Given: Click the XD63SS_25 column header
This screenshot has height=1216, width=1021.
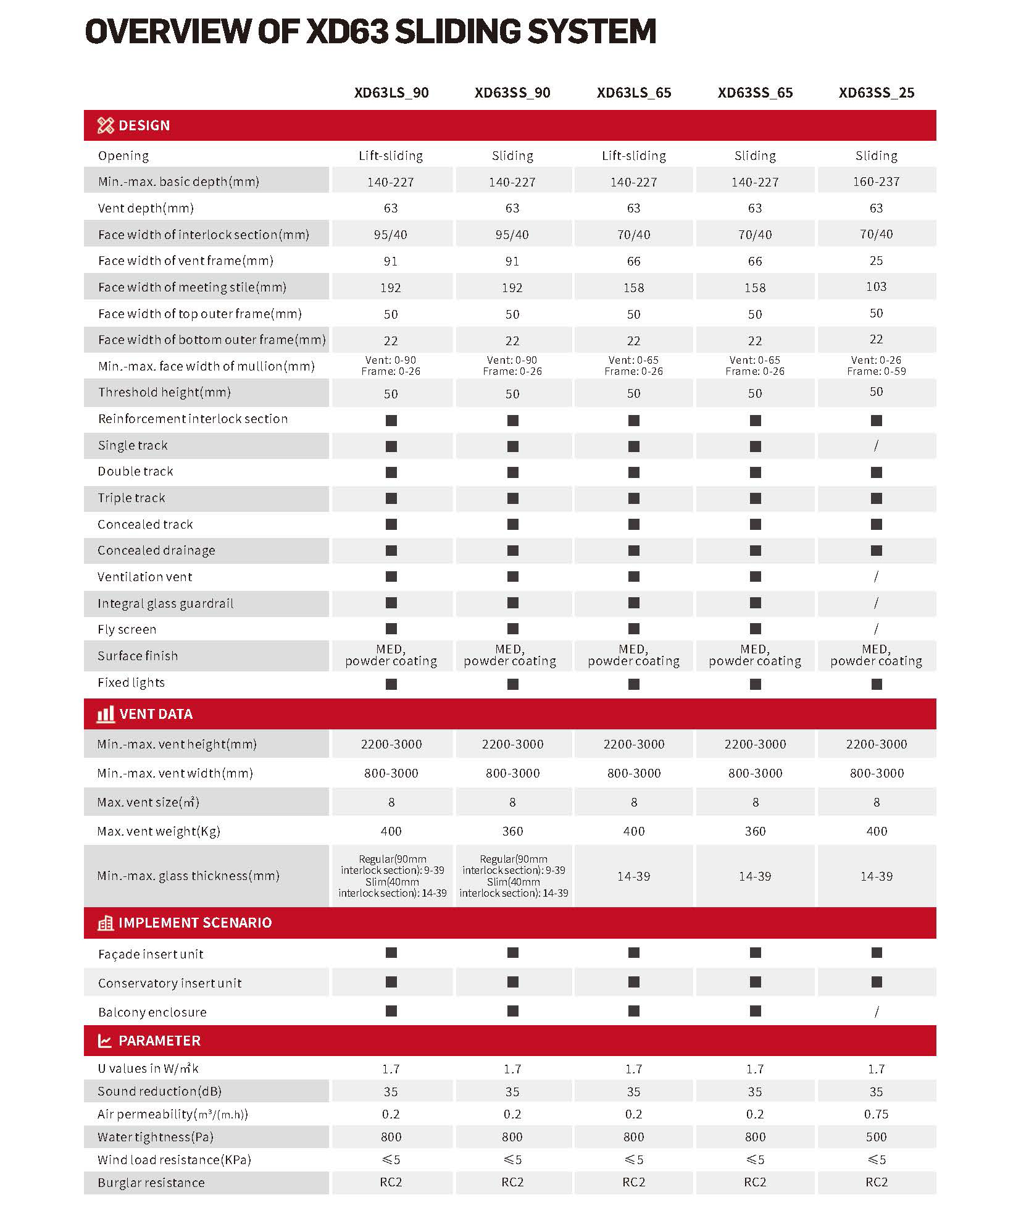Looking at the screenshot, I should coord(876,93).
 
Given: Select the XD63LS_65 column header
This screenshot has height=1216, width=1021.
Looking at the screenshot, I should coord(633,93).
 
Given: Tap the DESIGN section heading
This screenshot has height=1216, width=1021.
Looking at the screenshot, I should coord(144,125).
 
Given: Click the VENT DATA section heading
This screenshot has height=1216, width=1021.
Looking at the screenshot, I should coord(156,714).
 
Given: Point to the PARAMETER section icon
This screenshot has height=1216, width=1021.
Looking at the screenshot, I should coord(105,1041).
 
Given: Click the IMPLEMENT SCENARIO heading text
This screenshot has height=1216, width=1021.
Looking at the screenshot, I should coord(195,923).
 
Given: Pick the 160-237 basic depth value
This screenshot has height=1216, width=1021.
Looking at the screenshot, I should coord(876,182).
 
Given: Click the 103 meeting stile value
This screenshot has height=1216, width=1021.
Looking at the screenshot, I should coord(876,287).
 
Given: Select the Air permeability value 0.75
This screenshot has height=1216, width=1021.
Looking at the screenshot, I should coord(876,1114).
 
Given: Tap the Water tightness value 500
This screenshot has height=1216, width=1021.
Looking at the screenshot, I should coord(876,1137).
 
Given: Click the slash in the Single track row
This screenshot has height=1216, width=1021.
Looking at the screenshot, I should coord(876,445).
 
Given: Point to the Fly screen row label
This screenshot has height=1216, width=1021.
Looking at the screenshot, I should coord(127,629).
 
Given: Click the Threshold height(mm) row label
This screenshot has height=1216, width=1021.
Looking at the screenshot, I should coord(164,392).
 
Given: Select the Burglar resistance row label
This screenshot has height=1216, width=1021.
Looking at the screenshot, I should coord(151,1183).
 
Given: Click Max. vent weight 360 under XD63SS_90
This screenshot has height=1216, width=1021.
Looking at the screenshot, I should coord(512,831).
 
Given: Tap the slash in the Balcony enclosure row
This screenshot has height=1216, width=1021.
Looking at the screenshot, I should coord(876,1012).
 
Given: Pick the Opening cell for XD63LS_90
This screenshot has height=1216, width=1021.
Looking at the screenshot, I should coord(391,156).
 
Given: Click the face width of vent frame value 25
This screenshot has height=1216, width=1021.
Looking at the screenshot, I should coord(876,261).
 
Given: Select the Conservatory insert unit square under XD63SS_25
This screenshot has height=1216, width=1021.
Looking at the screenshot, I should coord(876,982).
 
